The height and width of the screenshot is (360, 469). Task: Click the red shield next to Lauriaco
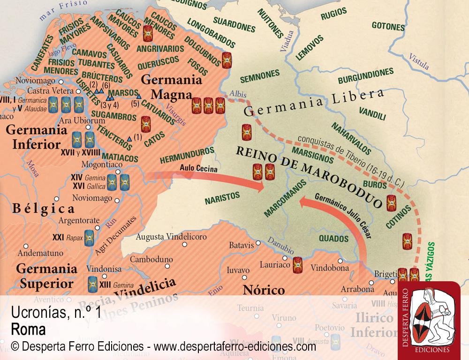coord(297,265)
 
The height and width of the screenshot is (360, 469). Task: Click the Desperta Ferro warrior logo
coord(429,319)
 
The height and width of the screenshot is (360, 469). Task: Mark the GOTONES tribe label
coord(388,25)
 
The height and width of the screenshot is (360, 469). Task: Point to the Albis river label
coord(239,93)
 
